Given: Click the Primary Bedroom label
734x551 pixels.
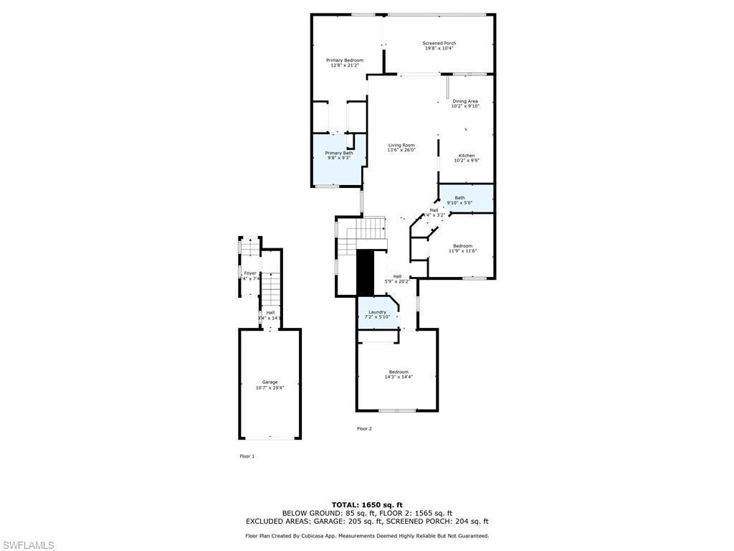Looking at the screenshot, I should click(x=345, y=60).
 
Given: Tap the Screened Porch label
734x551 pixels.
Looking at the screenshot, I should click(x=439, y=43).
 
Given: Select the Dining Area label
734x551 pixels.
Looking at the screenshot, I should click(x=465, y=101).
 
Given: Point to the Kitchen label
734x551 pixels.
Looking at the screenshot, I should click(x=467, y=156).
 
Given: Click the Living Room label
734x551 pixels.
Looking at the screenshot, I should click(x=401, y=145).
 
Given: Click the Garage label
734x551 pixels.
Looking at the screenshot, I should click(x=270, y=382).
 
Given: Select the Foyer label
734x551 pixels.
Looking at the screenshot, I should click(x=250, y=273).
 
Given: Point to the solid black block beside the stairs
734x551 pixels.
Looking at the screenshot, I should click(x=366, y=273).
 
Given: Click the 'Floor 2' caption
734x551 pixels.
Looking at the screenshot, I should click(x=365, y=428).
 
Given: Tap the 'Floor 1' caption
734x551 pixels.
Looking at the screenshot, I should click(x=247, y=456).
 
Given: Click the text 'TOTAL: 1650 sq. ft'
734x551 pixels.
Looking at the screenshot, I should click(x=366, y=504).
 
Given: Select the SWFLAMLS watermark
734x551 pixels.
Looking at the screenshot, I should click(x=28, y=545).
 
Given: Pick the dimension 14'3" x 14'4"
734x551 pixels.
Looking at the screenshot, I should click(x=399, y=377).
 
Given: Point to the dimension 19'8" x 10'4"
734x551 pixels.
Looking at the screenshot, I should click(x=439, y=49).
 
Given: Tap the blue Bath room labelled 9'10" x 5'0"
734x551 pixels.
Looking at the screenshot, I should click(x=466, y=199).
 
